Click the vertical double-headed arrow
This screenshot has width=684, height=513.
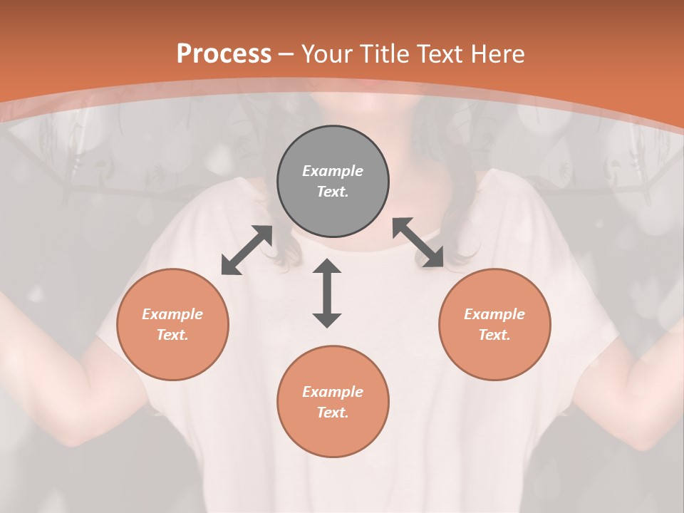(x=327, y=293)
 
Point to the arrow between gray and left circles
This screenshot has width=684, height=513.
(x=247, y=250)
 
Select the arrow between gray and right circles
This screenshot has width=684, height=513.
(x=418, y=242)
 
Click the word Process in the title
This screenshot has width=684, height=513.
(x=224, y=53)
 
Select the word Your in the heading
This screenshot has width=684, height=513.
(x=324, y=53)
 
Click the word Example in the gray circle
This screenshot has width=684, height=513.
(x=333, y=171)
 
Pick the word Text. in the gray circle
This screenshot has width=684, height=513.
(x=333, y=192)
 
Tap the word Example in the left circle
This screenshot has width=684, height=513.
(x=172, y=314)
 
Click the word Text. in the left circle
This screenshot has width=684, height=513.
(x=172, y=335)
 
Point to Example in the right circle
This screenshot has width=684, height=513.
(x=494, y=314)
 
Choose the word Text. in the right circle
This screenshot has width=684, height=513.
(x=494, y=335)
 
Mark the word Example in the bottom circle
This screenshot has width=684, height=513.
(x=333, y=392)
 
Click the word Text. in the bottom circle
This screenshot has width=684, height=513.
(x=333, y=413)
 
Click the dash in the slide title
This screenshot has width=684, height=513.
(x=286, y=54)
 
